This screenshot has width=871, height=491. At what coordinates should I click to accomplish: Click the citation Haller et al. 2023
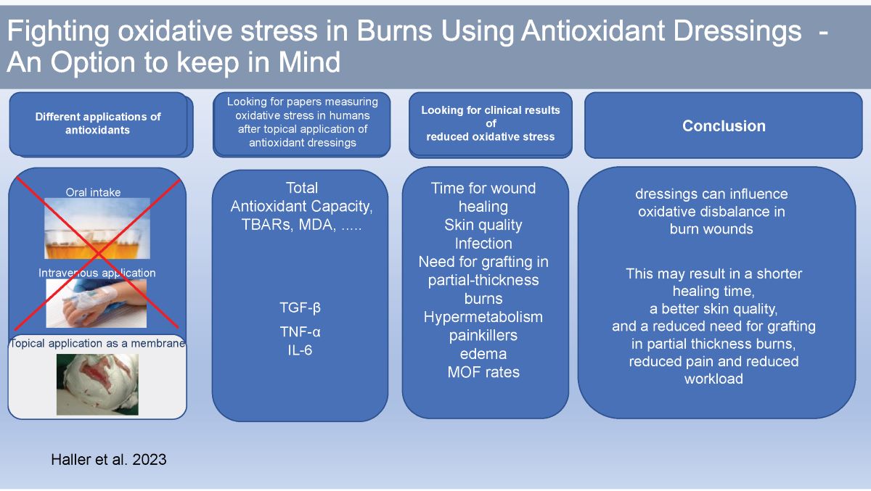[108, 459]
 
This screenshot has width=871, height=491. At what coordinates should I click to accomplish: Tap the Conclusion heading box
[724, 125]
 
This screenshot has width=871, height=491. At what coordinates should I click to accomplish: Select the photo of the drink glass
[97, 228]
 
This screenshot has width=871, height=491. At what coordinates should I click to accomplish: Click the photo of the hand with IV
[97, 303]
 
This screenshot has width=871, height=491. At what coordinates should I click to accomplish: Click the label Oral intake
[93, 192]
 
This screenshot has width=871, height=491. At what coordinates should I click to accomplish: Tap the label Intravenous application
[97, 273]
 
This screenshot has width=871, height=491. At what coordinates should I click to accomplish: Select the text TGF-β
[300, 308]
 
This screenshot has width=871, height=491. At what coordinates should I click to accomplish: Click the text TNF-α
[300, 331]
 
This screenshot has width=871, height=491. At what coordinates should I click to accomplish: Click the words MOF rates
[483, 373]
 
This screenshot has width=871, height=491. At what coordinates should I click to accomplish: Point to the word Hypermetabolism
[483, 317]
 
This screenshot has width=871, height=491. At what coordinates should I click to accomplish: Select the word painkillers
[483, 336]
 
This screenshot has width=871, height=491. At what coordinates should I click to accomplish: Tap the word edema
[483, 354]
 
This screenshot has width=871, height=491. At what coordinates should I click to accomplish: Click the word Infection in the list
[483, 243]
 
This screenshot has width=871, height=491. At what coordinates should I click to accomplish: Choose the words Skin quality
[483, 225]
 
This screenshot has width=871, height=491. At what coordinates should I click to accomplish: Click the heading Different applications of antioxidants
[98, 123]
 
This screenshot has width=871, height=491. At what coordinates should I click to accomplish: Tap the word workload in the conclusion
[713, 379]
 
